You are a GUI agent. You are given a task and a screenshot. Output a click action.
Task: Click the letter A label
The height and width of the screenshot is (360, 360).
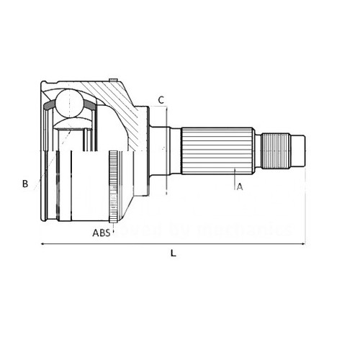click(x=240, y=186)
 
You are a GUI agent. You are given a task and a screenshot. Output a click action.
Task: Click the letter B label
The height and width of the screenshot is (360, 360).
click(x=25, y=184)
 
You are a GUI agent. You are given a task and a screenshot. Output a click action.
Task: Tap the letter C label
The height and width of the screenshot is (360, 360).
click(x=161, y=99)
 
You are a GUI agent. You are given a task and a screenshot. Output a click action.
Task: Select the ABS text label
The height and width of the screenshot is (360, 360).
click(x=102, y=233)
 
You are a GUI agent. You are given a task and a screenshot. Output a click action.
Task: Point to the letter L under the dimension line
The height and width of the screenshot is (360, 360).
click(x=173, y=253)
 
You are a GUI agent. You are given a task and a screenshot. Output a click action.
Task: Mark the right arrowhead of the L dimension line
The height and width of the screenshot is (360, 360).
click(x=304, y=244)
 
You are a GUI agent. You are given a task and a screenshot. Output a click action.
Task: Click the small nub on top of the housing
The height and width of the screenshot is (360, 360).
click(x=113, y=78)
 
